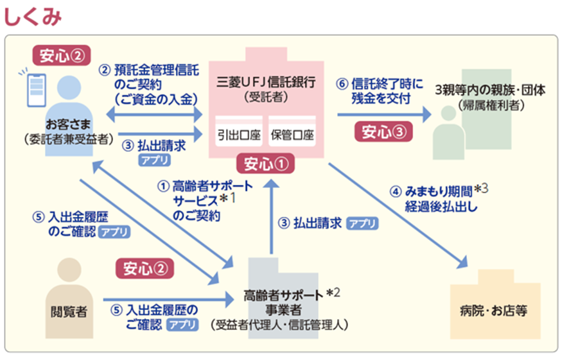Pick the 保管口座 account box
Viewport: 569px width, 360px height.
click(292, 135)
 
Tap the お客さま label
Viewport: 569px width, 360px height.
click(67, 123)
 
